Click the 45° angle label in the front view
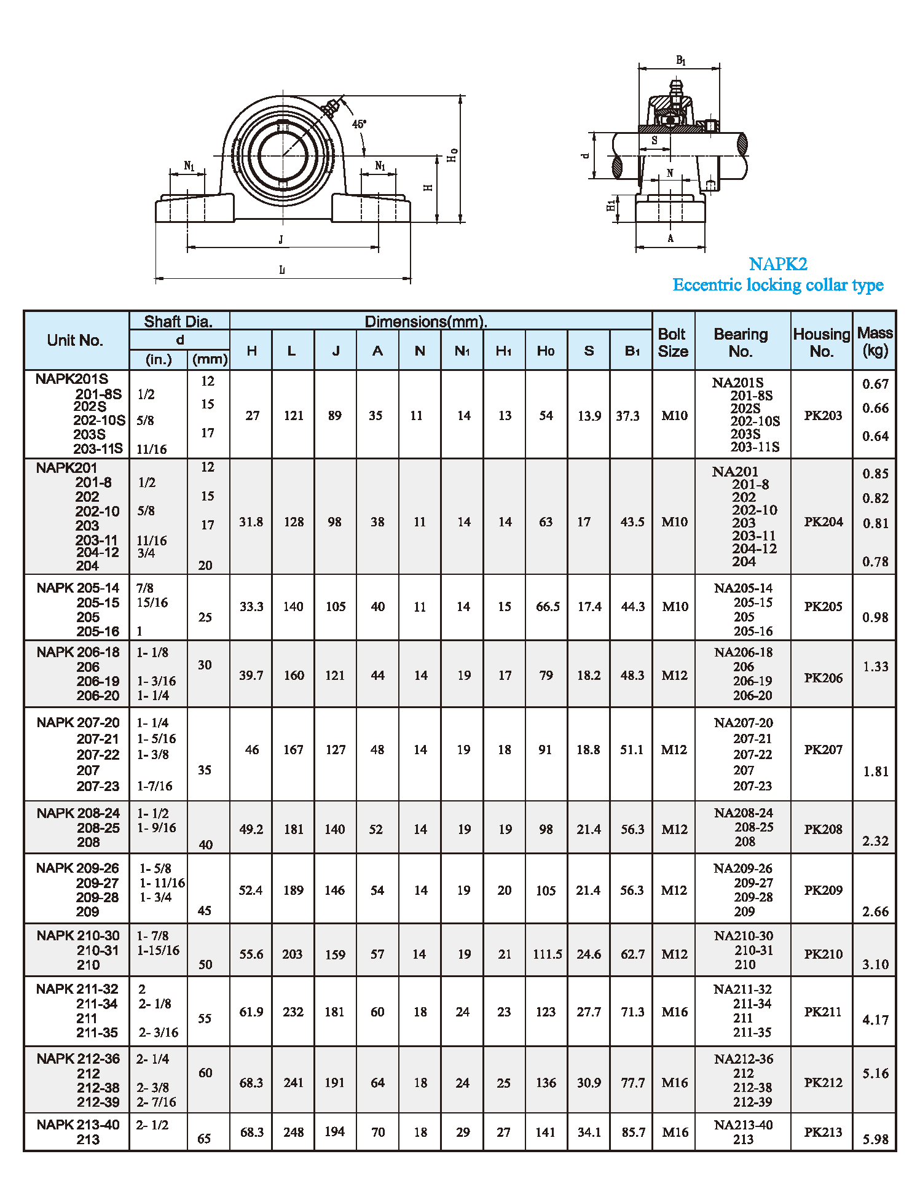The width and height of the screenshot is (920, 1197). click(x=359, y=124)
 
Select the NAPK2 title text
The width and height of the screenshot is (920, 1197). click(x=777, y=264)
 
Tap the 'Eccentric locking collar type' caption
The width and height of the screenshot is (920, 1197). click(x=777, y=285)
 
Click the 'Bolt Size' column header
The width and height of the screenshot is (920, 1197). click(x=673, y=343)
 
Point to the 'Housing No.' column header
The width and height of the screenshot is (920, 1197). click(x=821, y=343)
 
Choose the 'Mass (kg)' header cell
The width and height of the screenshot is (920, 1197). click(x=875, y=341)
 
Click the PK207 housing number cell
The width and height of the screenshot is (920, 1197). click(x=823, y=750)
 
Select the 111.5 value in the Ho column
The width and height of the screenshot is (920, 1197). click(x=547, y=954)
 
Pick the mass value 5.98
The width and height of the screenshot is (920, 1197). click(x=875, y=1140)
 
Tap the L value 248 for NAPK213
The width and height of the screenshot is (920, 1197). click(x=293, y=1133)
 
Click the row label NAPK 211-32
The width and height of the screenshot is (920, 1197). click(x=77, y=989)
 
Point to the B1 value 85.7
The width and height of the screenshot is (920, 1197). click(x=632, y=1133)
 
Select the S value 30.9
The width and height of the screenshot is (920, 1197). click(x=589, y=1083)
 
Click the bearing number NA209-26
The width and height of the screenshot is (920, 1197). click(x=743, y=868)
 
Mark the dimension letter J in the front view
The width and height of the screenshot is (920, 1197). click(x=281, y=240)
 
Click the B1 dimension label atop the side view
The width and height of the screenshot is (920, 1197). click(x=680, y=60)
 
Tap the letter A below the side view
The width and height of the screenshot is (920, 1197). click(x=670, y=238)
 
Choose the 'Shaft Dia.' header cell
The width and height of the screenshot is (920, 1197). click(x=178, y=321)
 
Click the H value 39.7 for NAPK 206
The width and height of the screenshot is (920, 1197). click(x=251, y=676)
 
